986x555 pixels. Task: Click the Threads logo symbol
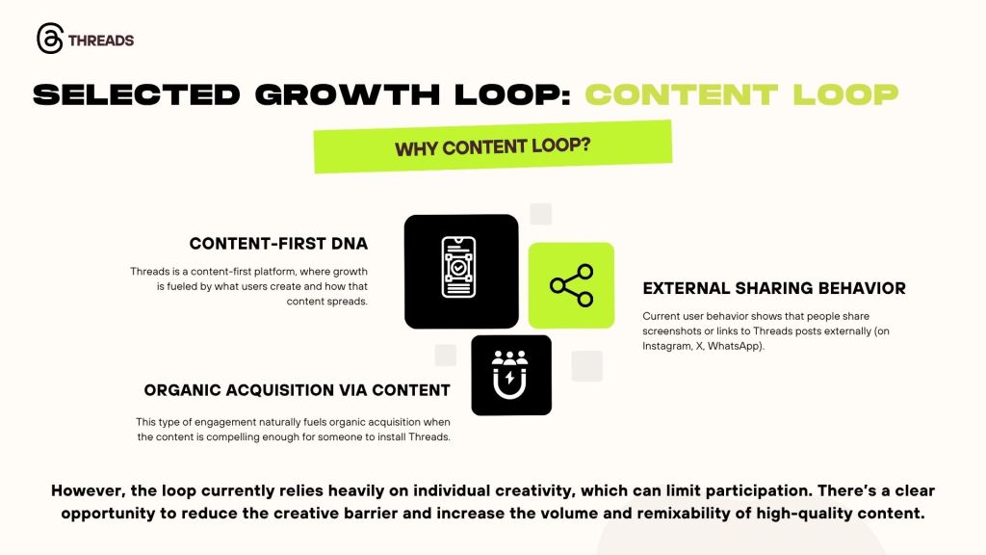pyautogui.click(x=50, y=39)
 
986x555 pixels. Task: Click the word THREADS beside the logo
pyautogui.click(x=101, y=40)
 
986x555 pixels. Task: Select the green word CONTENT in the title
pyautogui.click(x=682, y=94)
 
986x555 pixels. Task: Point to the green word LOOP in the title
pyautogui.click(x=845, y=94)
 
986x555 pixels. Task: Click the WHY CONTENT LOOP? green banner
pyautogui.click(x=493, y=146)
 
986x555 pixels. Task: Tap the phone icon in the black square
pyautogui.click(x=459, y=268)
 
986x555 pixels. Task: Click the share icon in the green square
pyautogui.click(x=572, y=285)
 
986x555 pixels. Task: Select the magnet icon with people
pyautogui.click(x=510, y=375)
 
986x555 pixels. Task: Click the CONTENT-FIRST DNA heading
pyautogui.click(x=278, y=244)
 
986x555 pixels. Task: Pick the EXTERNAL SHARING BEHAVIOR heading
pyautogui.click(x=774, y=288)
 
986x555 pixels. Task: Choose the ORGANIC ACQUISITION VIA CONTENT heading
pyautogui.click(x=297, y=390)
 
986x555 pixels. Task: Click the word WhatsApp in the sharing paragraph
pyautogui.click(x=735, y=346)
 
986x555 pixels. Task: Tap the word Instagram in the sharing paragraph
pyautogui.click(x=666, y=346)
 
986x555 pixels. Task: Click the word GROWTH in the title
pyautogui.click(x=347, y=94)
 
